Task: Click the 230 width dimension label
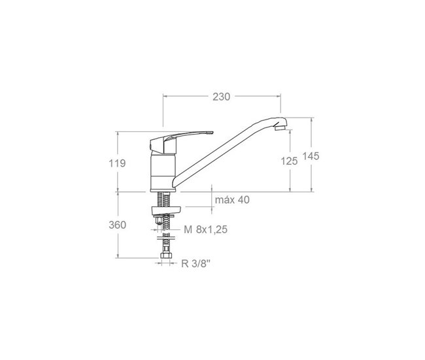click(221, 97)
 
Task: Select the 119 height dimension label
click(117, 163)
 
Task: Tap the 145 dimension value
click(311, 156)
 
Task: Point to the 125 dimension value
click(289, 161)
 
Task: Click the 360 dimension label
click(117, 225)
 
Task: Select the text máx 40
click(232, 200)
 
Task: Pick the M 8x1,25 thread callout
click(205, 230)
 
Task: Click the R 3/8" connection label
click(195, 263)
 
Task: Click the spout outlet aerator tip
click(280, 127)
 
